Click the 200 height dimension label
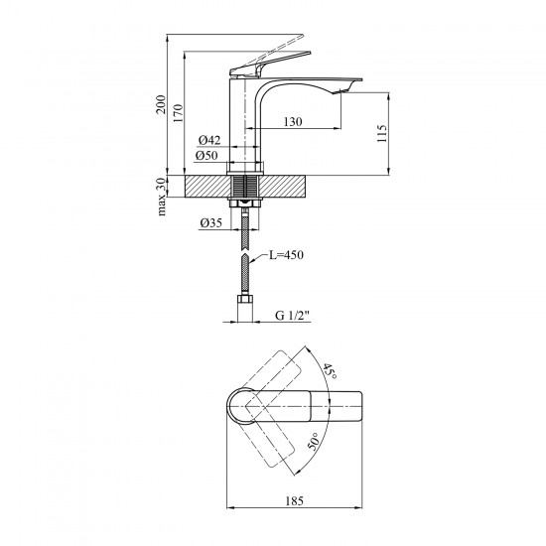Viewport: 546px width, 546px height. coord(161,104)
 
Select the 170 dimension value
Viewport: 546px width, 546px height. coord(178,113)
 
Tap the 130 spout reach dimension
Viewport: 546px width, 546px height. coord(293,122)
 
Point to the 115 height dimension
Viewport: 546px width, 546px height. coord(382,133)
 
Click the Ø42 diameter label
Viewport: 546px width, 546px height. coord(209,140)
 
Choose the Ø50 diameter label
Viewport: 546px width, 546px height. coord(206,155)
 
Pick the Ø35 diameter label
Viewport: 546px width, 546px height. coord(211,222)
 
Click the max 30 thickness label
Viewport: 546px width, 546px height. coord(161,198)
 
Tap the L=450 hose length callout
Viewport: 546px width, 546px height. coord(286,255)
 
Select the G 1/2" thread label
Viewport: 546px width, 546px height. coord(293,316)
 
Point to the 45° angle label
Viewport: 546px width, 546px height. coord(329,371)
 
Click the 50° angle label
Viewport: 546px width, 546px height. coord(313,442)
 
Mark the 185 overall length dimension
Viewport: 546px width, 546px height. coord(294,501)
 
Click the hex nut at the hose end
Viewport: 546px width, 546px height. coord(245,300)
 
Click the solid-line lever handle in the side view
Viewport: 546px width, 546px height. coord(269,63)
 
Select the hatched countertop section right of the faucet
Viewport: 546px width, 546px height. coord(283,187)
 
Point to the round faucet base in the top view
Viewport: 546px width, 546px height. coord(241,406)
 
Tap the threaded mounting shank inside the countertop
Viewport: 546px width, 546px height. coord(245,187)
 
